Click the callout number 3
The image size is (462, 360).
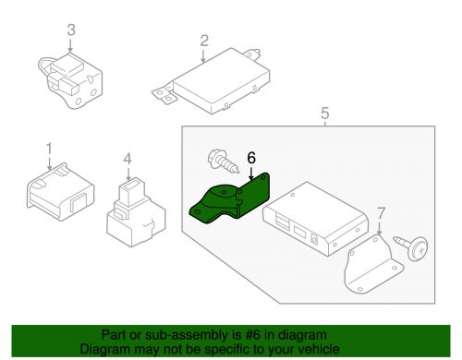(71, 30)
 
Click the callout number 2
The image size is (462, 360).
(204, 41)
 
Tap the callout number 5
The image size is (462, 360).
(325, 114)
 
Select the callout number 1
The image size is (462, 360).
(49, 149)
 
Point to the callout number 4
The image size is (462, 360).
(128, 159)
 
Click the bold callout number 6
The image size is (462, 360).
(251, 158)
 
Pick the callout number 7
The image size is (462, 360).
(382, 213)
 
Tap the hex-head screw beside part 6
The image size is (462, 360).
(224, 162)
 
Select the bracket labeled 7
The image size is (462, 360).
(372, 266)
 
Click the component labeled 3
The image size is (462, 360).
(71, 81)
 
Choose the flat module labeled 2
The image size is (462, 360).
(213, 81)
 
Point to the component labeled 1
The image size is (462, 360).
(60, 192)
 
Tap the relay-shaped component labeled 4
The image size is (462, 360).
(136, 212)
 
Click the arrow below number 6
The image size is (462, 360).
(251, 174)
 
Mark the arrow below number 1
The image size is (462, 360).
(50, 163)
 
